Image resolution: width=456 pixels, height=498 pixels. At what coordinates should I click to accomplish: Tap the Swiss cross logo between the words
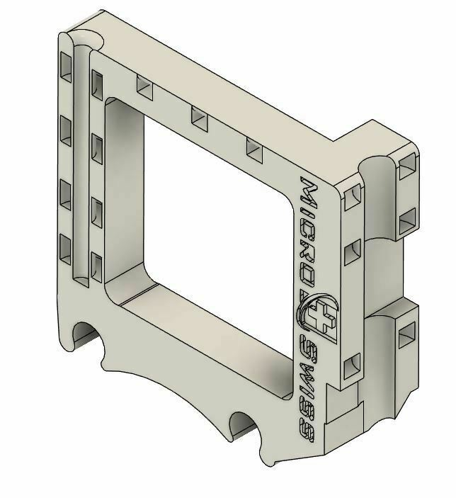point(319,315)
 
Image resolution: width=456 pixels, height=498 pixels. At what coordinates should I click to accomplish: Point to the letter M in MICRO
point(309,193)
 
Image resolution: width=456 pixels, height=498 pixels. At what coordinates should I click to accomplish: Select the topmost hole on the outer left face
point(66,67)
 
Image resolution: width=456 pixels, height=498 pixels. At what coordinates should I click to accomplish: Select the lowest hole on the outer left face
point(66,249)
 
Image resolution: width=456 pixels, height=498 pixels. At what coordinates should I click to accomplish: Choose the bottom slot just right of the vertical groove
point(97,268)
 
